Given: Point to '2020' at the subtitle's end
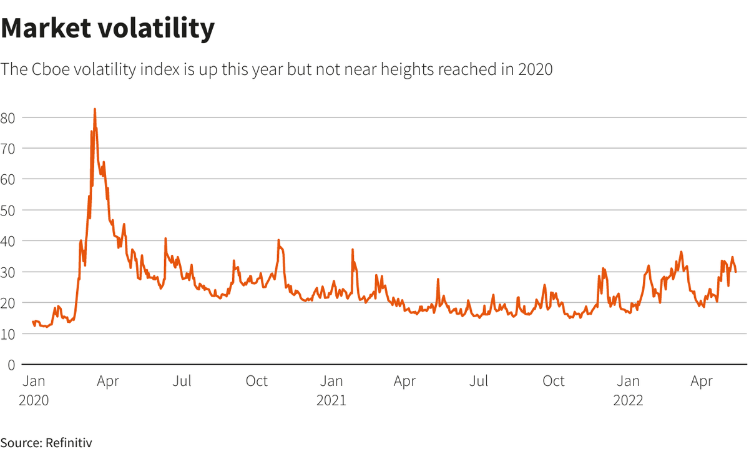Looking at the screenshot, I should point(535,69).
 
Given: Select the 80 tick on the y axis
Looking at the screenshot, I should point(8,117).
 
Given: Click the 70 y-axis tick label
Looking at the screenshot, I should point(8,148).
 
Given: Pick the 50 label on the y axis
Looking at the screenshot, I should point(8,210).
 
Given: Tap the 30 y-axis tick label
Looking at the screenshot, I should point(8,272).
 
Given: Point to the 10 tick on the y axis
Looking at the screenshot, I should point(8,333).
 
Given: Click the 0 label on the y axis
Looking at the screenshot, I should point(11,364).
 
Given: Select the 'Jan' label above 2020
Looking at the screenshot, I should point(34,381).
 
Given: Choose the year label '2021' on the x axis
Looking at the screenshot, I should point(331,400).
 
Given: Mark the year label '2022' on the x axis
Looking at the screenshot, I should point(628,400).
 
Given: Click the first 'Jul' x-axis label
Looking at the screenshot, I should point(182,381).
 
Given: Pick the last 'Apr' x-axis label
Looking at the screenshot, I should point(702,381).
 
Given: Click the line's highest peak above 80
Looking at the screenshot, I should point(95,109).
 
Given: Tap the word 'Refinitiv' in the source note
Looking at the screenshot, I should point(69,443).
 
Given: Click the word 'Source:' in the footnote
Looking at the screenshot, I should point(21,443).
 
